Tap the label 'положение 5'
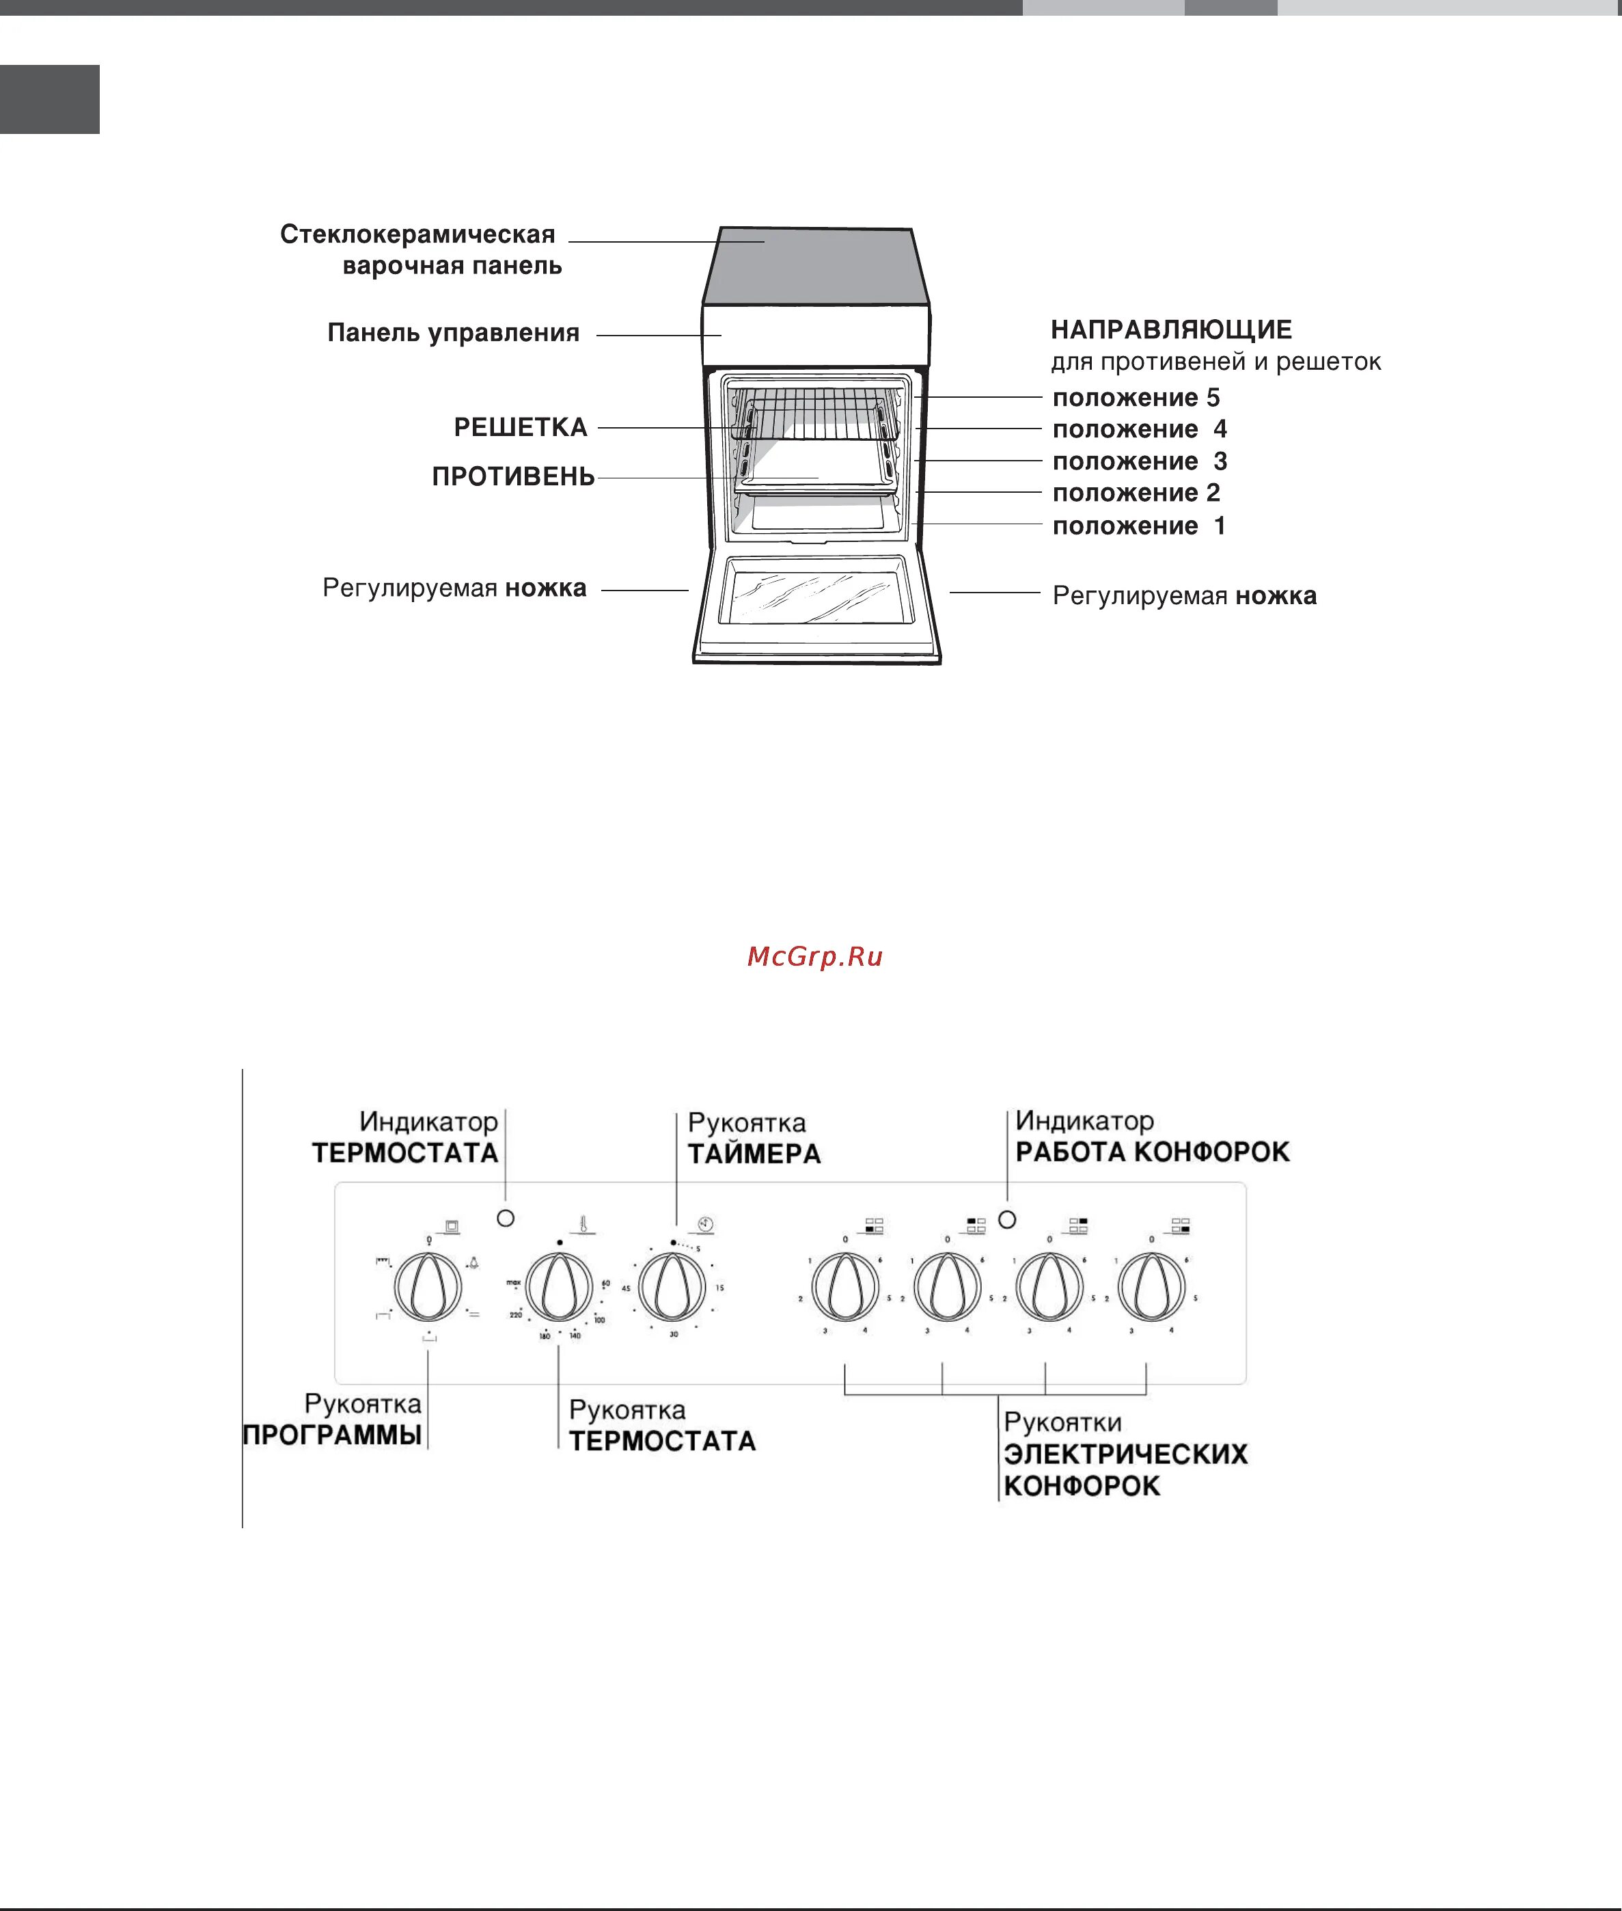click(1136, 398)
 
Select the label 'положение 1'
click(1138, 526)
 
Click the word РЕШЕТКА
click(521, 428)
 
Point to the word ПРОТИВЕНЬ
click(513, 476)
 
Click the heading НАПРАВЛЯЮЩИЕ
click(1170, 330)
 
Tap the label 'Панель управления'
click(453, 333)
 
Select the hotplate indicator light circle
click(1007, 1219)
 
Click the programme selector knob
click(428, 1285)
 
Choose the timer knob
click(672, 1285)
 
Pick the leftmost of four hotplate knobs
click(844, 1285)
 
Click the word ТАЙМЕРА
click(754, 1154)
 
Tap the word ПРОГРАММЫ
click(332, 1435)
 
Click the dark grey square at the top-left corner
click(50, 99)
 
